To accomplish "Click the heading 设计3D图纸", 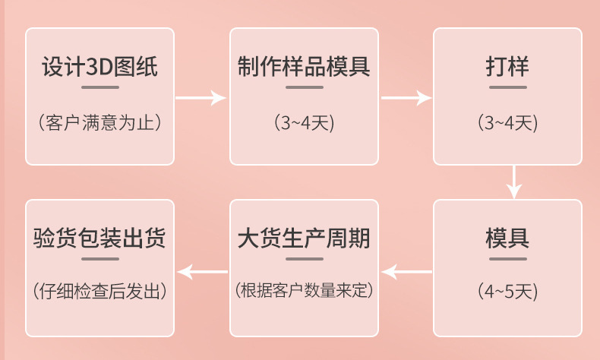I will tap(99, 67).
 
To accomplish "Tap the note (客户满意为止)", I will tap(99, 122).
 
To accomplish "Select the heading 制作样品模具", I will tap(304, 67).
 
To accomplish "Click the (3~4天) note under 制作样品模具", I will tap(304, 122).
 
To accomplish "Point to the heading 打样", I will tap(507, 67).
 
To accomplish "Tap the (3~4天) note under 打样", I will tap(507, 122).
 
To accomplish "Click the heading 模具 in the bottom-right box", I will tap(507, 238).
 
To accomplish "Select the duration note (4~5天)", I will tap(507, 291).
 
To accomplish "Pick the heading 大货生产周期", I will tap(304, 238).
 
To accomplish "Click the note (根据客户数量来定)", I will tap(304, 291).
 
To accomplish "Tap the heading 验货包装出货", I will tap(99, 238).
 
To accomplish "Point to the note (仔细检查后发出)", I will tap(99, 291).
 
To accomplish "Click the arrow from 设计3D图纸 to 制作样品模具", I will tap(201, 97).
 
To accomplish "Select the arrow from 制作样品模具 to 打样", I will tap(406, 97).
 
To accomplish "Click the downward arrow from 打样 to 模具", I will tap(515, 182).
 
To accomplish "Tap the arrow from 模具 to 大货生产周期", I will tap(406, 270).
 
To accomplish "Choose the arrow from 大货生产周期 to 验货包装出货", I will tap(201, 270).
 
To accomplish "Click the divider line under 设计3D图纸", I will tap(99, 87).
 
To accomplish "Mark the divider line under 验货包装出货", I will tap(99, 259).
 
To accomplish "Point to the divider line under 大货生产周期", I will tap(304, 259).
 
